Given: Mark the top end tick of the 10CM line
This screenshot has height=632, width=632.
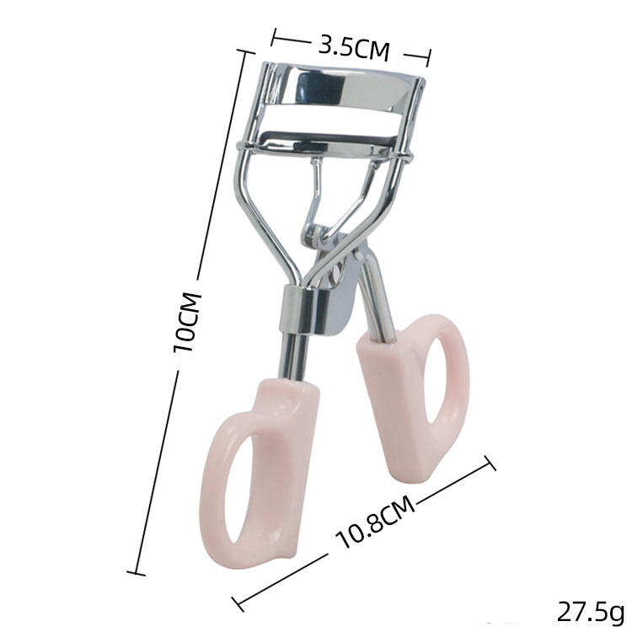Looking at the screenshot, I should coord(245,52).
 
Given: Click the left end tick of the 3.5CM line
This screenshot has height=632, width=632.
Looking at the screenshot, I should coord(276,38).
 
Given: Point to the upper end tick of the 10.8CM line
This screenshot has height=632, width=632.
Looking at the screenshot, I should coord(489,463).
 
